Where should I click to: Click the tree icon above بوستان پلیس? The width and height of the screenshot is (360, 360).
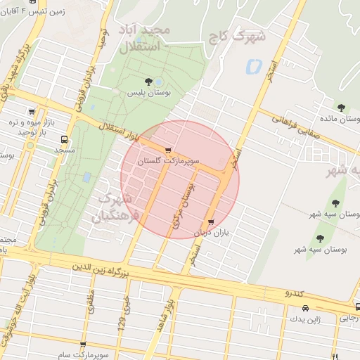(148, 82)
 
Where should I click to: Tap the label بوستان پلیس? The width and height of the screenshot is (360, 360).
(148, 93)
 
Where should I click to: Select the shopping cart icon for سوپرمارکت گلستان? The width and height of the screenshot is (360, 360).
(168, 150)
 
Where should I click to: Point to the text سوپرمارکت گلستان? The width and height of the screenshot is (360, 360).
(165, 161)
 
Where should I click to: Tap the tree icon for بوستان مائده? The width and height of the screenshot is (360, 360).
(341, 108)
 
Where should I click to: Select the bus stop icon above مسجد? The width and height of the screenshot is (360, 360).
(65, 139)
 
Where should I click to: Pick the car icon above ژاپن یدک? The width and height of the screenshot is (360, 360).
(304, 309)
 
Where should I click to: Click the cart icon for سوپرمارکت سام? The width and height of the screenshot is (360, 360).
(83, 345)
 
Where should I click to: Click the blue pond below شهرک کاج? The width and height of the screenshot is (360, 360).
(252, 67)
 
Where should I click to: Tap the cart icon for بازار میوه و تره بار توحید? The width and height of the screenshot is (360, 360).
(32, 111)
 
